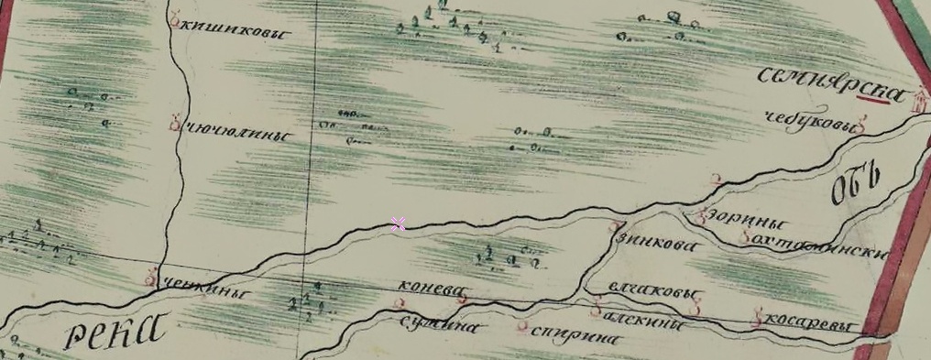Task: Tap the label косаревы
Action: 806,328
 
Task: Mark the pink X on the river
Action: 398,224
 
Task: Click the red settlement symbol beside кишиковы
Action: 175,16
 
